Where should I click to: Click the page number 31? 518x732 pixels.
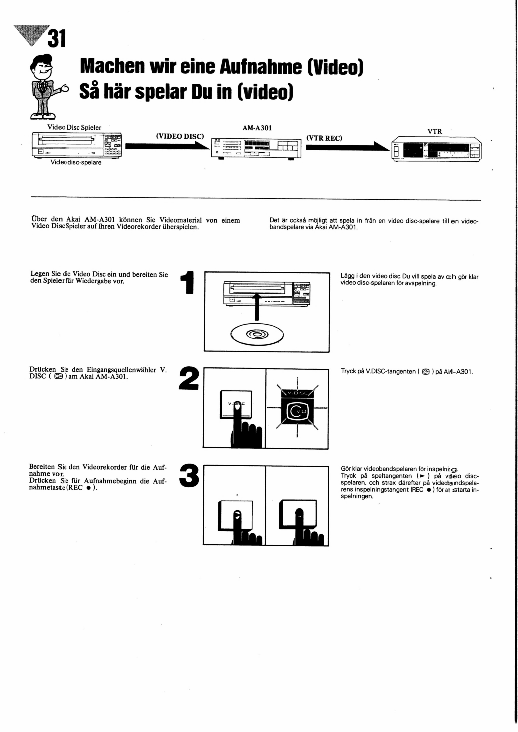[x=56, y=39]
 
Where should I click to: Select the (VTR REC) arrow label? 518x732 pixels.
[x=324, y=138]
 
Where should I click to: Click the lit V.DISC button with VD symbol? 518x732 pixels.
[x=297, y=410]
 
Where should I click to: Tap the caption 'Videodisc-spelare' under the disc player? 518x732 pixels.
[x=76, y=162]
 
